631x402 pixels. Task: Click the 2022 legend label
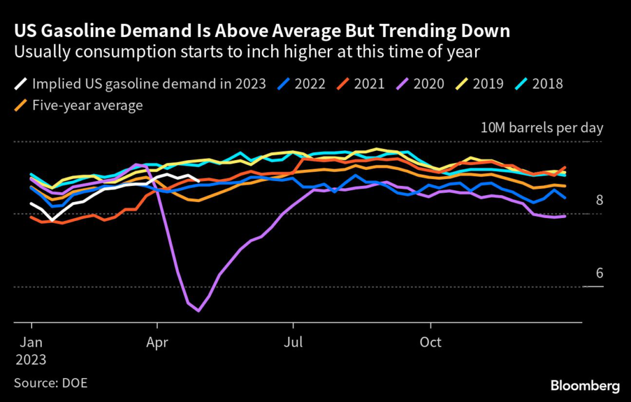click(x=310, y=83)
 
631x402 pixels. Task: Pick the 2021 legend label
click(x=369, y=83)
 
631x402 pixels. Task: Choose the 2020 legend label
click(x=428, y=83)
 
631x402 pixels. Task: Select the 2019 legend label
click(x=487, y=83)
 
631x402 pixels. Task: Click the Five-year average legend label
click(x=88, y=105)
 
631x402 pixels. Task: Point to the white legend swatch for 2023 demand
click(x=20, y=83)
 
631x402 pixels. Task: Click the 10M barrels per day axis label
click(x=542, y=128)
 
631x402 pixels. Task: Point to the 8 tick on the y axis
click(x=598, y=200)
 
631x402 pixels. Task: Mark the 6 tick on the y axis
click(x=598, y=273)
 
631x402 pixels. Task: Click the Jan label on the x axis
click(x=31, y=342)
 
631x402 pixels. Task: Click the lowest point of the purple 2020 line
click(x=198, y=311)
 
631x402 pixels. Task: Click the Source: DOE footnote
click(x=51, y=383)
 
